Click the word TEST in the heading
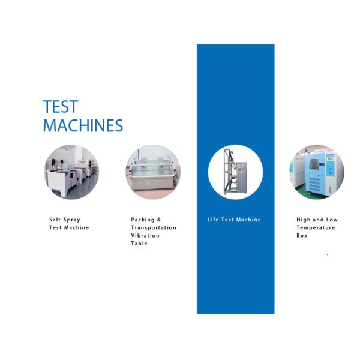[61, 107]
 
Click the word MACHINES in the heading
[83, 125]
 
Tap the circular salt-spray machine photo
[71, 172]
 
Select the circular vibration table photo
[153, 172]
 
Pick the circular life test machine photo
[235, 172]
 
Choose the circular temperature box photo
[317, 172]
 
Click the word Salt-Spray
[65, 220]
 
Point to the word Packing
[143, 220]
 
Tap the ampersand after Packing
[159, 220]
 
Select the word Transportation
[154, 227]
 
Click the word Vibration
[145, 235]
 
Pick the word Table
[139, 244]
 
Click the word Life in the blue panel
[213, 220]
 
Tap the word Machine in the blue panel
[248, 220]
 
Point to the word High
[303, 220]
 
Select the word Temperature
[316, 228]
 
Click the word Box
[302, 235]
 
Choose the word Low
[332, 220]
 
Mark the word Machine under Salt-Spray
[76, 227]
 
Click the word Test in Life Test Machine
[227, 220]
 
